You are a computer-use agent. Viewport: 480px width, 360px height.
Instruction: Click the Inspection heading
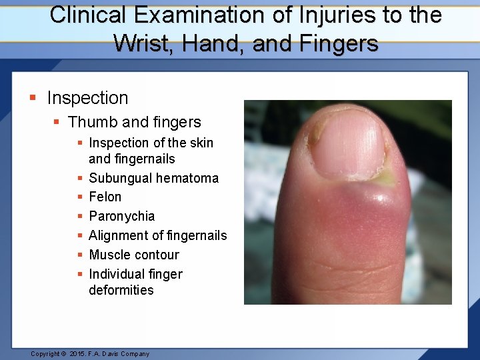click(87, 98)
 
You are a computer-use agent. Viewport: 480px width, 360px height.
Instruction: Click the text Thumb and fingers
click(134, 122)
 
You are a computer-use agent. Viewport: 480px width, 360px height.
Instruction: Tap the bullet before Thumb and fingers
click(57, 123)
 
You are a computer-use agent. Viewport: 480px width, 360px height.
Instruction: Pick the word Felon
click(105, 197)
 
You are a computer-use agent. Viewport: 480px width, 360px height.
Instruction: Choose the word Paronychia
click(121, 216)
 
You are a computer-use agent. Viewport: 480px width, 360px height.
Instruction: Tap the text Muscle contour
click(134, 255)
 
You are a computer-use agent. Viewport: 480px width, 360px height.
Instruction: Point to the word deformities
click(121, 290)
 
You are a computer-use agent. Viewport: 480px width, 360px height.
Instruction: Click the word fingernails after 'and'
click(143, 159)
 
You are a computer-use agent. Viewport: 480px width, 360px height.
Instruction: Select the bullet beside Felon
click(79, 197)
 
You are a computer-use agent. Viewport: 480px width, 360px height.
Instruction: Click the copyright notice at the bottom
click(90, 354)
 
